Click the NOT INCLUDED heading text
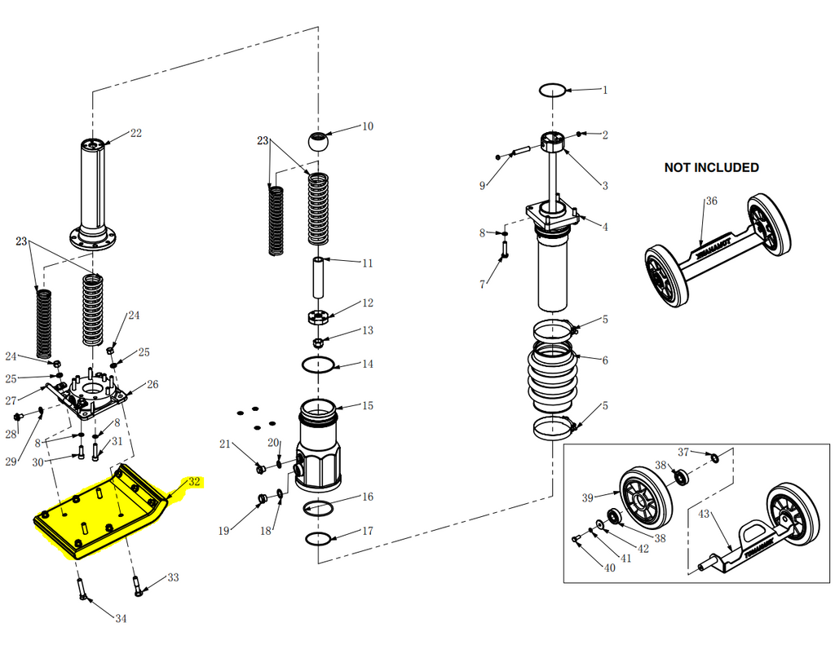tap(711, 167)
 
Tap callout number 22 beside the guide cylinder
tap(135, 133)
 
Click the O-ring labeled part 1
tap(553, 89)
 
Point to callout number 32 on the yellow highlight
tap(194, 481)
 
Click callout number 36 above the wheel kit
tap(711, 201)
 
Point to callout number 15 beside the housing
tap(368, 405)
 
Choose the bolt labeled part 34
tap(83, 589)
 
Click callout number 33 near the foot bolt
tap(173, 577)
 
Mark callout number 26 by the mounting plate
tap(152, 384)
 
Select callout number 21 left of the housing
tap(225, 444)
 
